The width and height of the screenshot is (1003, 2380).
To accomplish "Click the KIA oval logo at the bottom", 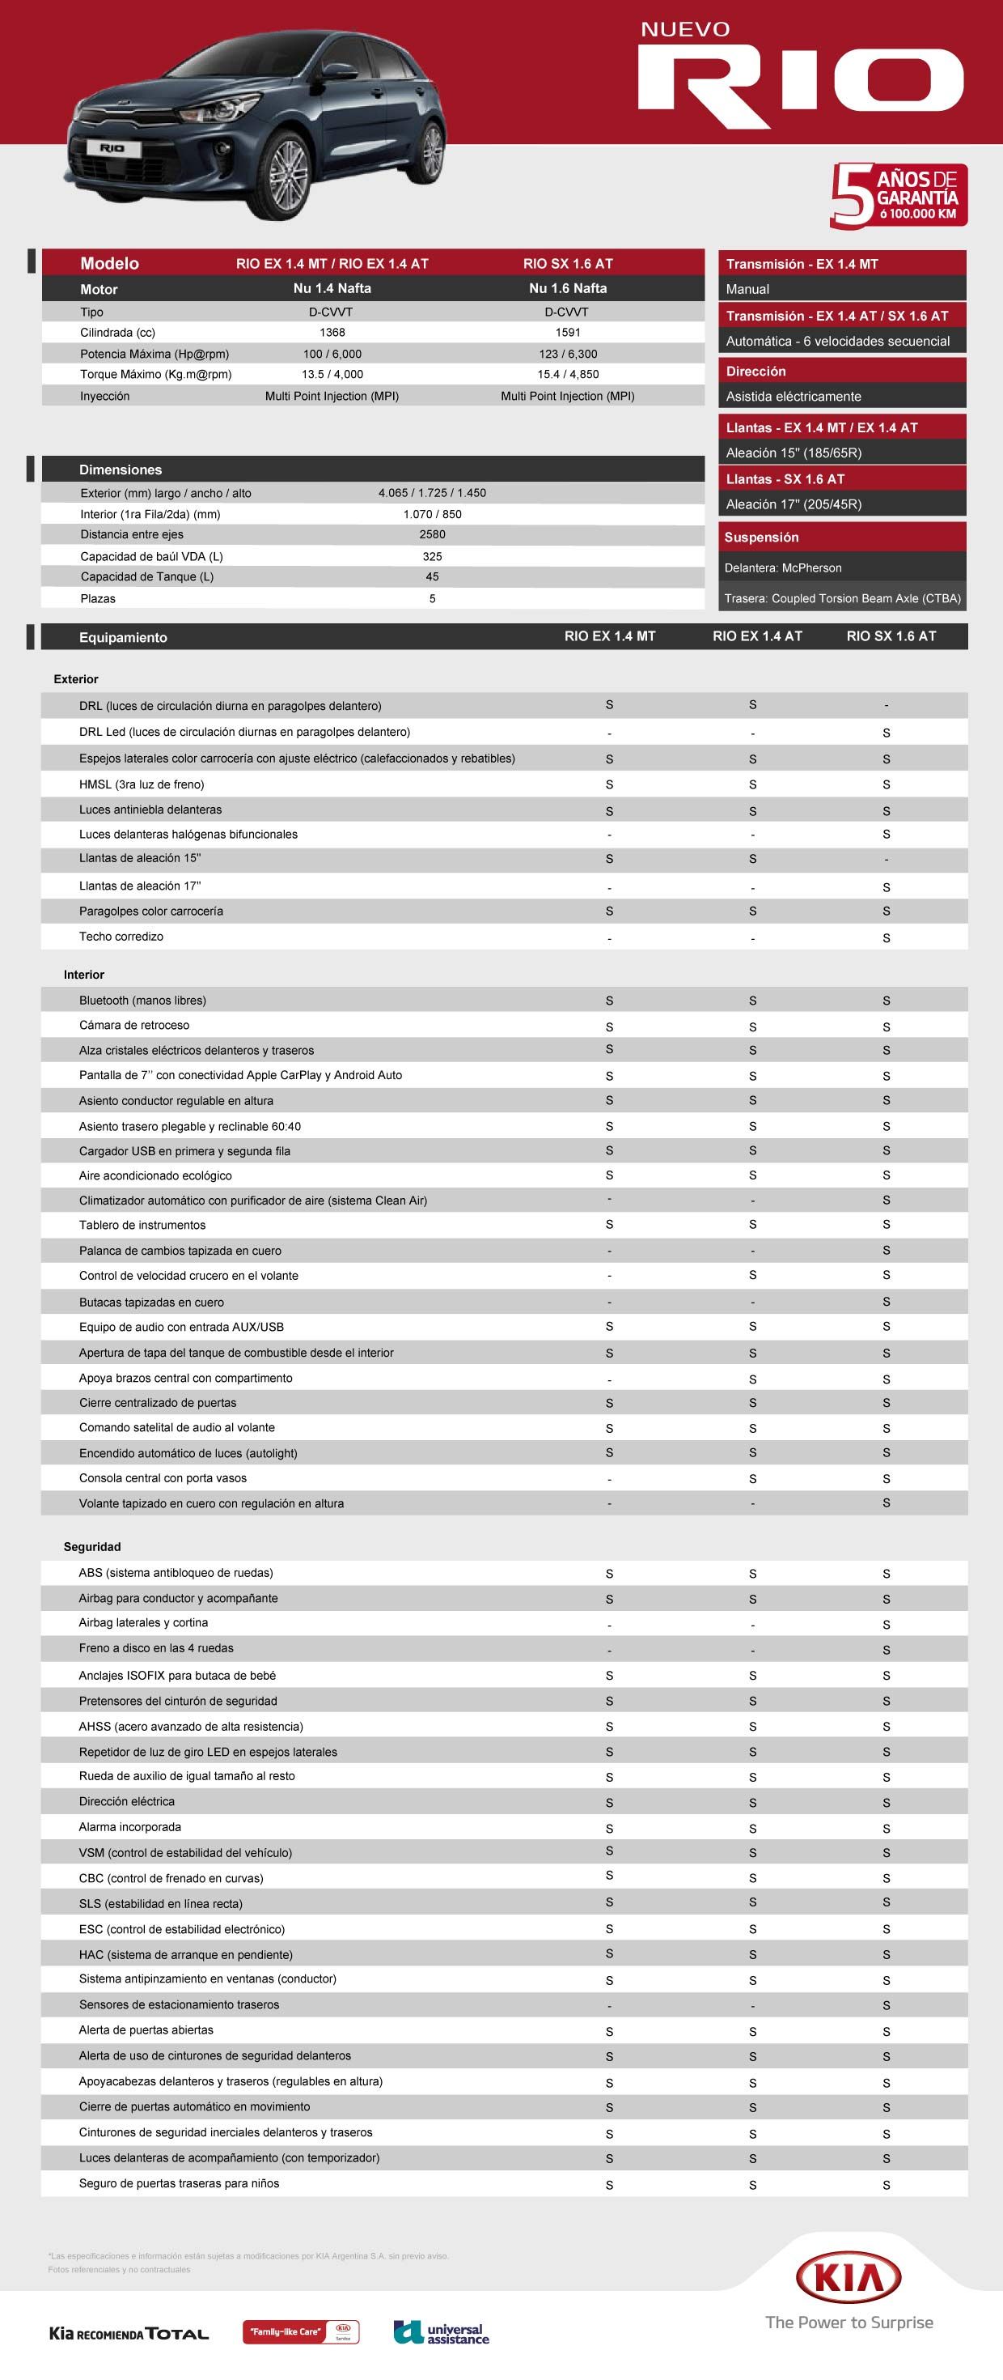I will pyautogui.click(x=848, y=2277).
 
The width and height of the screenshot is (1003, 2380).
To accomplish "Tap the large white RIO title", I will pyautogui.click(x=800, y=86).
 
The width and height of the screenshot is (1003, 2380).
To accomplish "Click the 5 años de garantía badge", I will pyautogui.click(x=898, y=195).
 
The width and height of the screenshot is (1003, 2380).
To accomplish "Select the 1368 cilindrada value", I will pyautogui.click(x=332, y=333).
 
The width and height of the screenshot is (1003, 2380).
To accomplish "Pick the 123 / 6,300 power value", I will pyautogui.click(x=567, y=354).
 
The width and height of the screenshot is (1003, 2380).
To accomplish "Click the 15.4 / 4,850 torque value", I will pyautogui.click(x=567, y=374).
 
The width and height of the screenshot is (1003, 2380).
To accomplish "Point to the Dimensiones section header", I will pyautogui.click(x=120, y=470).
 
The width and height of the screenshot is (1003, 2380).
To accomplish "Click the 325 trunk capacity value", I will pyautogui.click(x=432, y=556).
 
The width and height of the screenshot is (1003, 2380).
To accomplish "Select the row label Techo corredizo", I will pyautogui.click(x=121, y=937).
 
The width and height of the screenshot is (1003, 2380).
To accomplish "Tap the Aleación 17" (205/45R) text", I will pyautogui.click(x=794, y=504).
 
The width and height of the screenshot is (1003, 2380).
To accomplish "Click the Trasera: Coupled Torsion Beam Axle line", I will pyautogui.click(x=842, y=599).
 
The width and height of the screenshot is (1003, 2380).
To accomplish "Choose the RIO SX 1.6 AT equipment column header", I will pyautogui.click(x=891, y=636).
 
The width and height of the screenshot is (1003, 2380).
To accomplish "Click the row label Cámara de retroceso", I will pyautogui.click(x=134, y=1026).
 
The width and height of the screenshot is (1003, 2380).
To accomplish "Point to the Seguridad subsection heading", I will pyautogui.click(x=92, y=1547).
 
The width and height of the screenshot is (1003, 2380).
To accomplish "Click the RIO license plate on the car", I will pyautogui.click(x=112, y=148).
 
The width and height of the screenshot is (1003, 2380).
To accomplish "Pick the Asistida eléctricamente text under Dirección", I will pyautogui.click(x=793, y=397).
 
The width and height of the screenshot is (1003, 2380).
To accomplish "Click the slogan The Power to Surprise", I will pyautogui.click(x=849, y=2322).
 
